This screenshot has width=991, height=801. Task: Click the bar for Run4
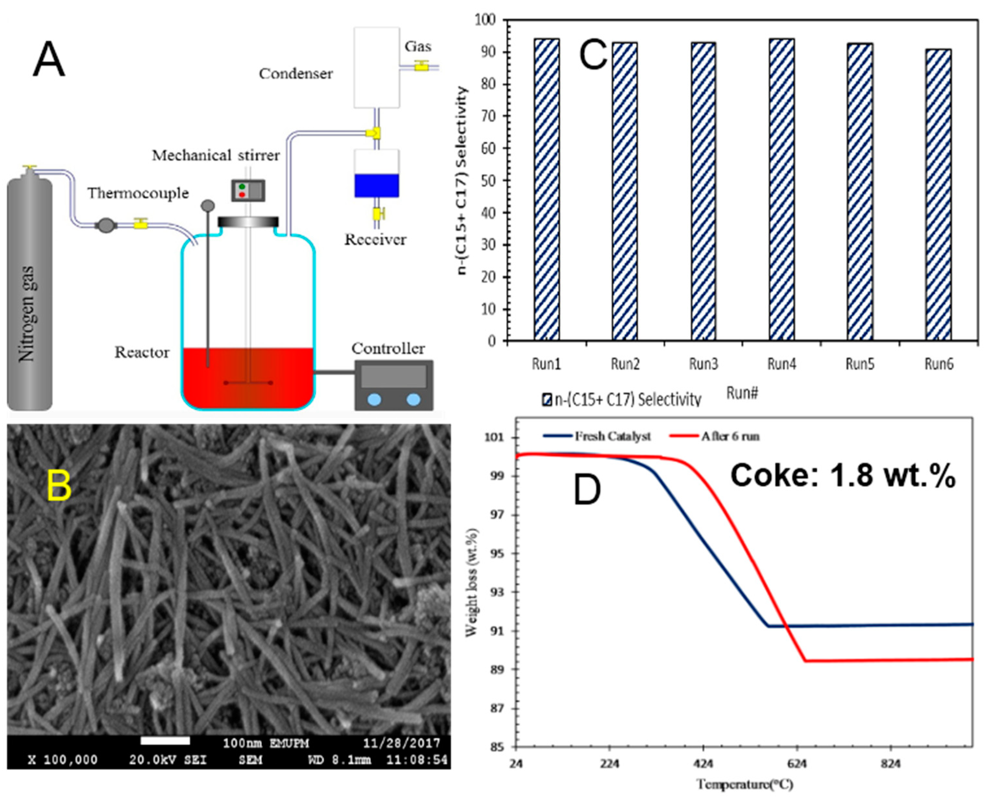pos(781,190)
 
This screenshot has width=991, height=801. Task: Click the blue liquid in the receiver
pos(377,186)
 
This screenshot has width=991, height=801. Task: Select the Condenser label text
pos(296,74)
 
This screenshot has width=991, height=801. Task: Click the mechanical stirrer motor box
pos(248,190)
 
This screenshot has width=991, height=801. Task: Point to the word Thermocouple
pos(138,193)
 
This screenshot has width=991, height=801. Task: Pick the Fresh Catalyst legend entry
pos(598,436)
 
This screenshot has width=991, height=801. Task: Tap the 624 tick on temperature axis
pos(797,765)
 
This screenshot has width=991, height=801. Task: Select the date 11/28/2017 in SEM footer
pos(401,743)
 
